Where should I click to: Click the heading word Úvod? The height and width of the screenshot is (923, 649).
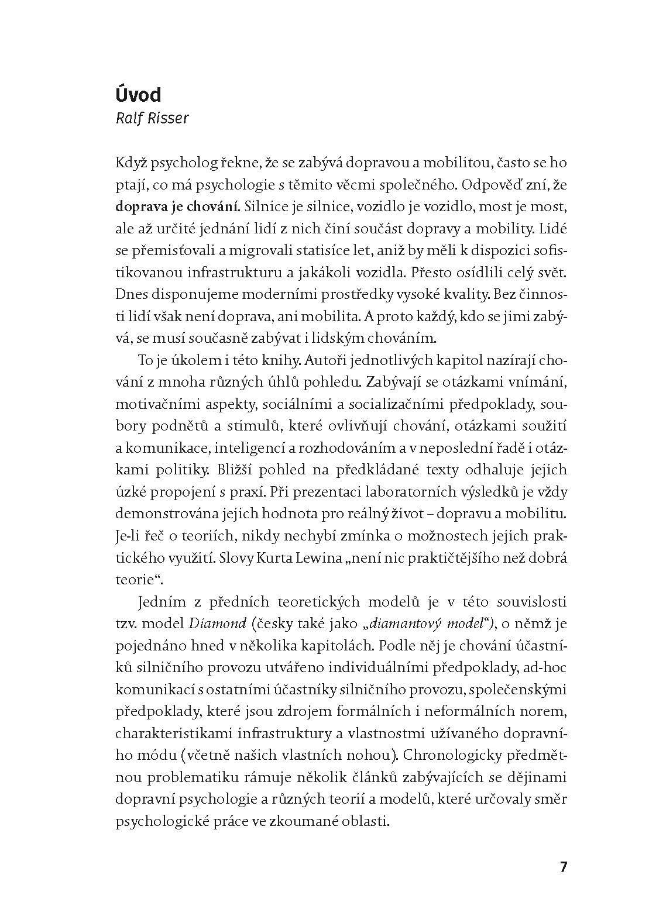click(138, 95)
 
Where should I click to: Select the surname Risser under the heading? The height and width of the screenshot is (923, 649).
click(170, 118)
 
